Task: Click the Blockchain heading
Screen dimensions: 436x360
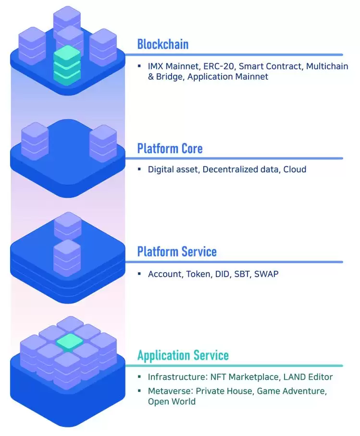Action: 162,44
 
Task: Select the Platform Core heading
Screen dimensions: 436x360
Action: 170,148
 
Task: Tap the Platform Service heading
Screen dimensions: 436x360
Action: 177,251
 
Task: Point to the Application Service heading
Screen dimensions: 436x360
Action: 183,355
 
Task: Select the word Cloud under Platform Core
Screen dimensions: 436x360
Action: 295,170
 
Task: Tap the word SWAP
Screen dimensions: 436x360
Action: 266,274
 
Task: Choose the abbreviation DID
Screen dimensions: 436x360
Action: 223,274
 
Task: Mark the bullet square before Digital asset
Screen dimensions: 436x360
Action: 139,169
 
